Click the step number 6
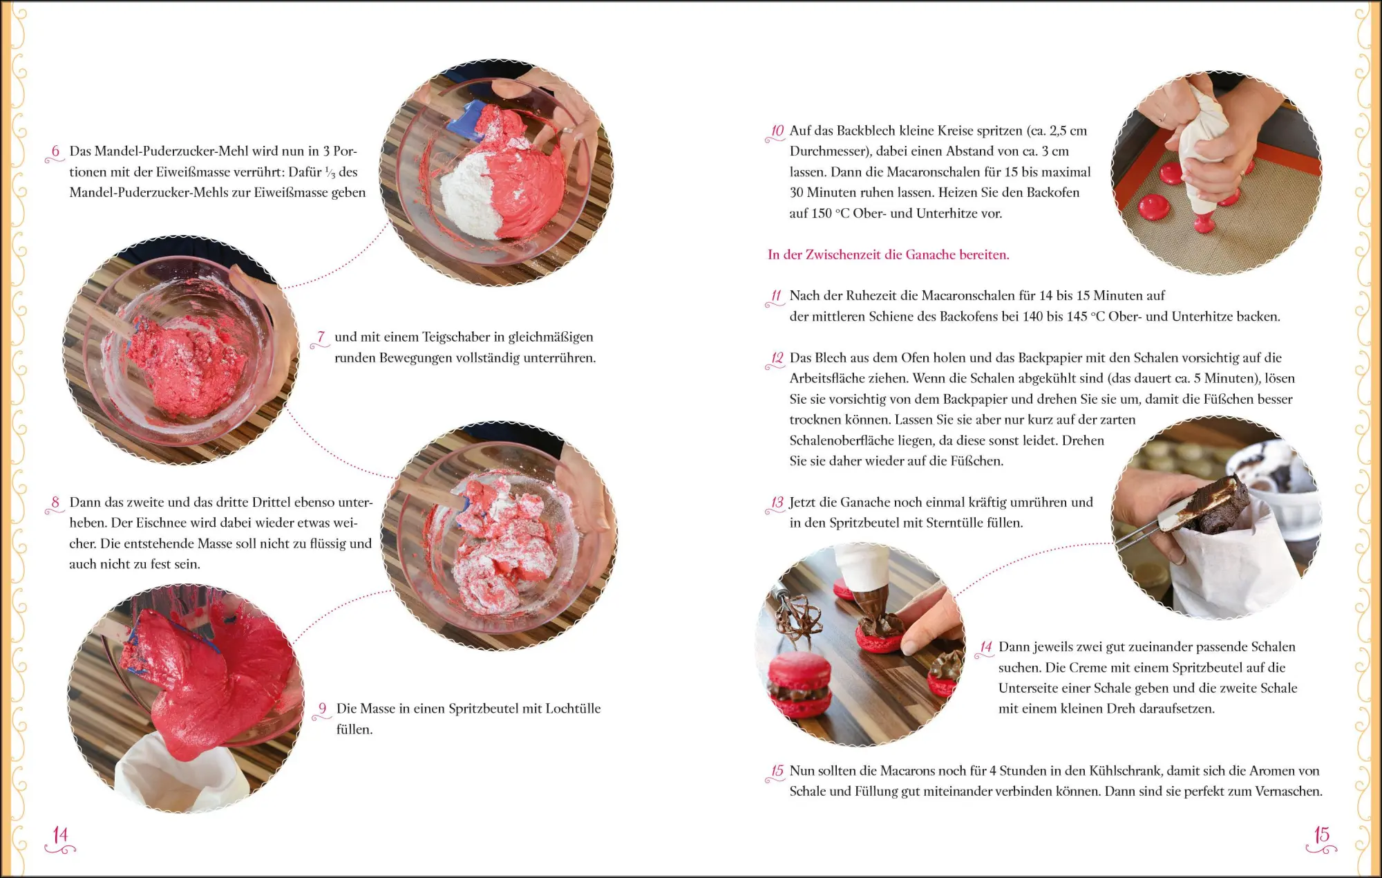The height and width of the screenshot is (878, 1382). (x=55, y=151)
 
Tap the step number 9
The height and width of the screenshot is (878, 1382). (x=322, y=709)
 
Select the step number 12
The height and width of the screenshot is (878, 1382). (x=777, y=358)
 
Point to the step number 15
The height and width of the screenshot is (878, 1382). (x=777, y=771)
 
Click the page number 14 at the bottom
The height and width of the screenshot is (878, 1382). (x=61, y=835)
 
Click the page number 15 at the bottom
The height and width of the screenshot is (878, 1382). (x=1321, y=835)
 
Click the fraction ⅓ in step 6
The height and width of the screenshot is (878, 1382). (x=330, y=172)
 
